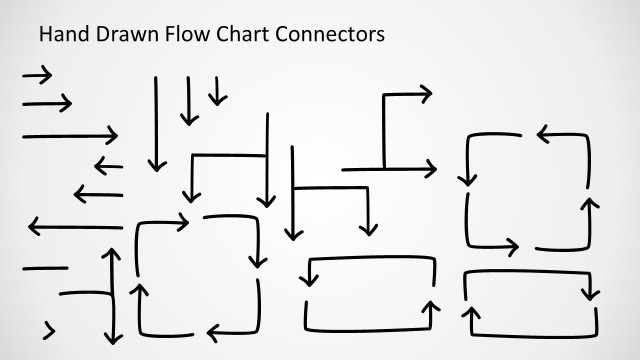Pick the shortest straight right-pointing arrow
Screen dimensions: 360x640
37,74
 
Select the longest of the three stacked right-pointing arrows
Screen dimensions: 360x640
70,135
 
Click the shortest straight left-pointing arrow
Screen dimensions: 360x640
108,165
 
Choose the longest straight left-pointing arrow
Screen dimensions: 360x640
75,227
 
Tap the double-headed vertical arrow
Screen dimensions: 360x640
111,296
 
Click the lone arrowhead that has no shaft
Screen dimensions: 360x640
49,329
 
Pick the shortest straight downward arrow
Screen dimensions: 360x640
217,91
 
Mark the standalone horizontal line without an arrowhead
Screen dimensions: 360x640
45,268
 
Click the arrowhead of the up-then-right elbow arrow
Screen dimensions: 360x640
425,94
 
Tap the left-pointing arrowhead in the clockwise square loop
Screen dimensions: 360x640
213,332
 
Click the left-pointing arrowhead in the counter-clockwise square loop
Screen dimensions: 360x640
545,134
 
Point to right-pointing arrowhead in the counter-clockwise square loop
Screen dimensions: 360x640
512,246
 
